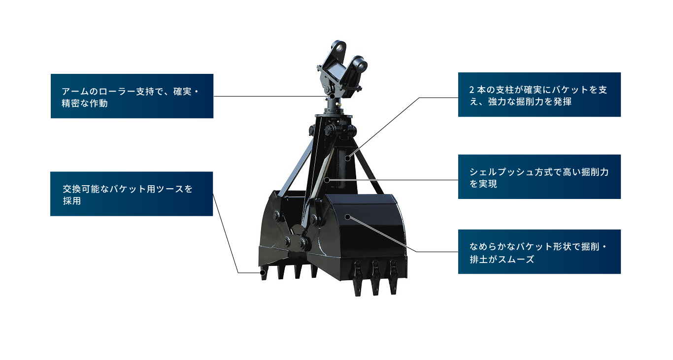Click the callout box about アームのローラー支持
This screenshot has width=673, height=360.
coord(132,96)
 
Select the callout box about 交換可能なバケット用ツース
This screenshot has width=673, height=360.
coord(132,194)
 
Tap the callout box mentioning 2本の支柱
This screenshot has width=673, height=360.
coord(539,95)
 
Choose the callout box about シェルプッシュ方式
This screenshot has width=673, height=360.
coord(539,177)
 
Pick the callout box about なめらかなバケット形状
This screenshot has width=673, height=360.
coord(539,252)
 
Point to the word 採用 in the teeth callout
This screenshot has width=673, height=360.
coord(71,201)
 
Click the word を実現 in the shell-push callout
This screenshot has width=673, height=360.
coord(483,185)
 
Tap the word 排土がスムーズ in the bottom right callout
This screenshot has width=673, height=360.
coord(502,260)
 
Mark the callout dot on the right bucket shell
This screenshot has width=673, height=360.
coord(347,217)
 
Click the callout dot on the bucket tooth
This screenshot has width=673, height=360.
coord(263,272)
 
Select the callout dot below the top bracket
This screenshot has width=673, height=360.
coord(333,96)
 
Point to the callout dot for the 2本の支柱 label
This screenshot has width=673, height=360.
coord(348,158)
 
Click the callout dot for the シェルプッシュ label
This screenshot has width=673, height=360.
coord(327,179)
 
